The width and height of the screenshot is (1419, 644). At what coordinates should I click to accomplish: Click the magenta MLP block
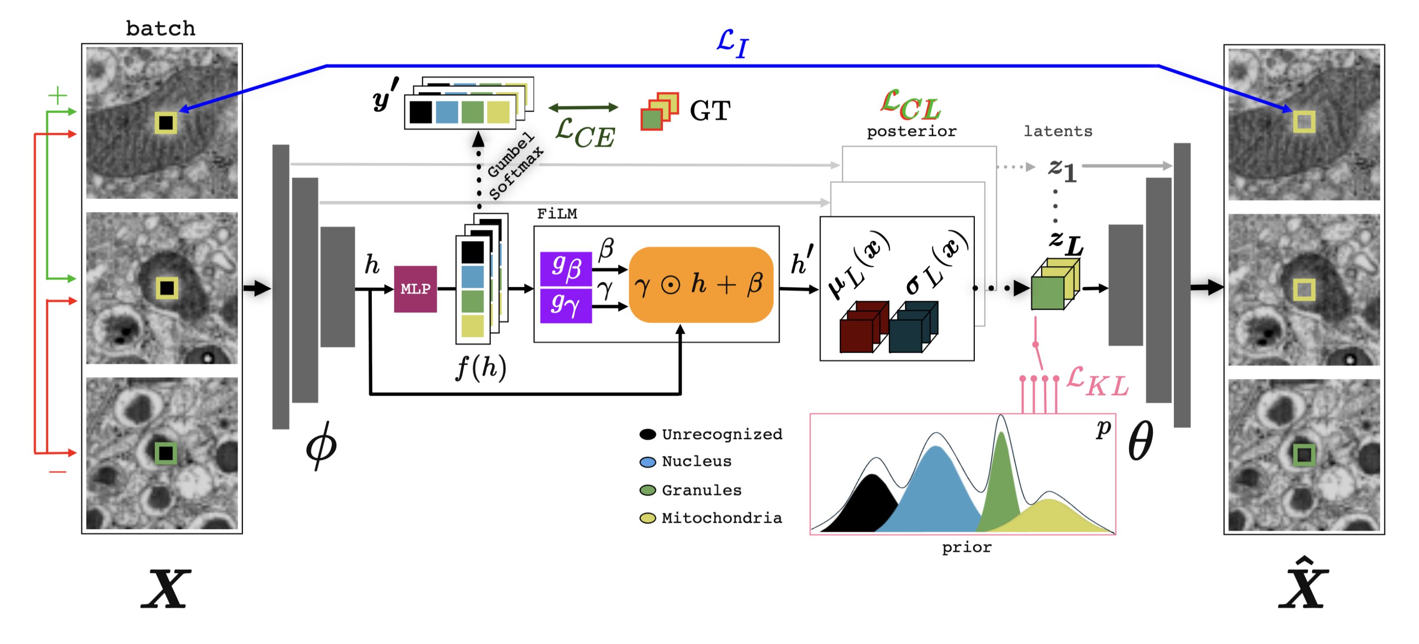(415, 289)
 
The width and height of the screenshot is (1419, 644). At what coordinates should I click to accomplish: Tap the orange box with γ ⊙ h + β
(701, 285)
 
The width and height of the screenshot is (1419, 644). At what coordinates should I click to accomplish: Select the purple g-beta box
(566, 269)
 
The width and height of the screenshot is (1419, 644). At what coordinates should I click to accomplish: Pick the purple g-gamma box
(566, 304)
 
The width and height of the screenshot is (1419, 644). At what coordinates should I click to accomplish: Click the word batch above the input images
(160, 29)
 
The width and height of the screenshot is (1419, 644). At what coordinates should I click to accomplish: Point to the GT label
(709, 111)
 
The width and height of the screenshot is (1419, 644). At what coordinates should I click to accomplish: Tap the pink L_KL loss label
(1097, 382)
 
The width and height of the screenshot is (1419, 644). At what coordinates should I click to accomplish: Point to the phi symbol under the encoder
(321, 445)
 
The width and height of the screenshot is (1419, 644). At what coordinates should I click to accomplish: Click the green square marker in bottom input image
(165, 454)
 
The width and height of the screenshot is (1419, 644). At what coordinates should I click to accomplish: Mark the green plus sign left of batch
(57, 96)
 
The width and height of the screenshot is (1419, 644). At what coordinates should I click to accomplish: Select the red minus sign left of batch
(57, 472)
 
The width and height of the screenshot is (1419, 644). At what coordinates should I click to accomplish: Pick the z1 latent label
(1062, 169)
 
